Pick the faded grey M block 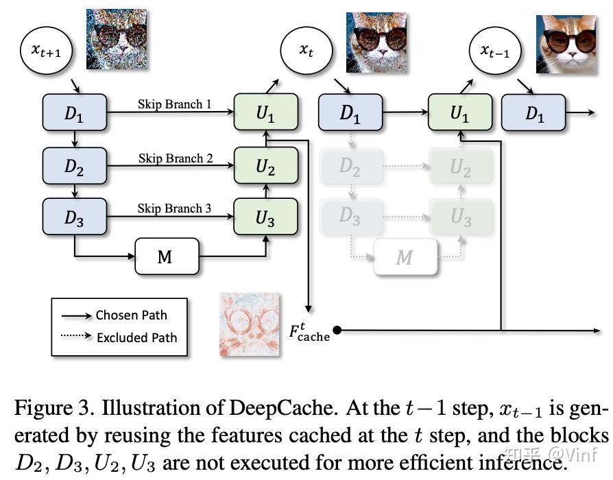pos(405,256)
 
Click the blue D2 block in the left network pos(74,165)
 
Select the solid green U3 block pos(266,217)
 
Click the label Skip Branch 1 pos(174,104)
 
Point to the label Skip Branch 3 pos(174,208)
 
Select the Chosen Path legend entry pos(131,315)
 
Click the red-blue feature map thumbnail pos(250,324)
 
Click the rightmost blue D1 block pos(533,113)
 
